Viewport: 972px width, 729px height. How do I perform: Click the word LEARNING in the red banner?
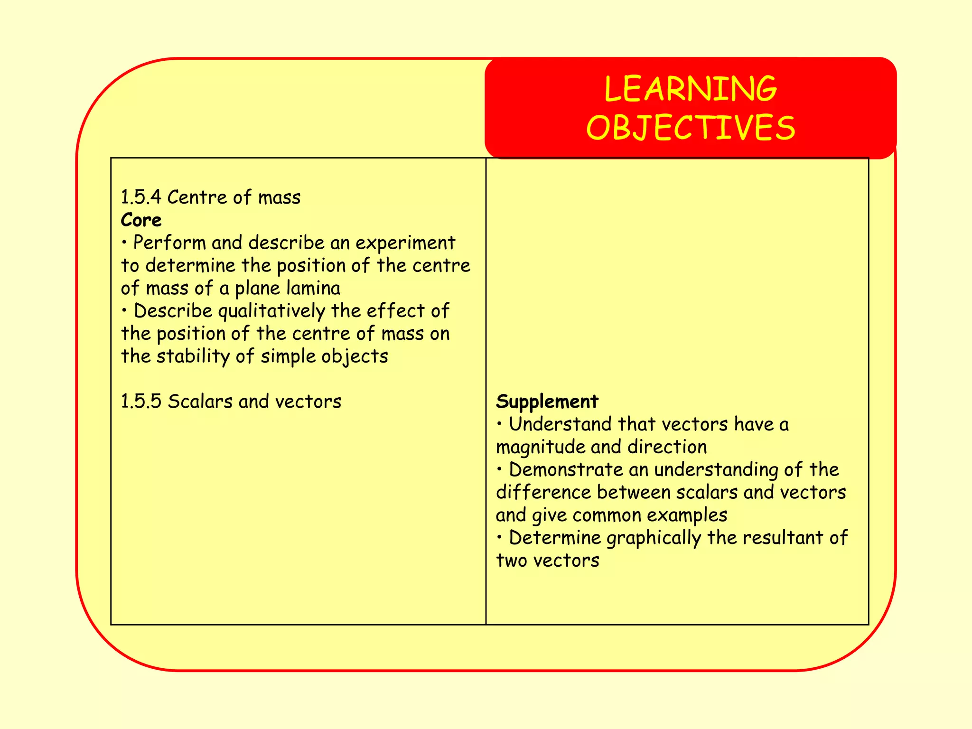691,89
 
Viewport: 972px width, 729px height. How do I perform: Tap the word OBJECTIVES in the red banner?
691,128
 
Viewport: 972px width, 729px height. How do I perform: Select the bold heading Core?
141,220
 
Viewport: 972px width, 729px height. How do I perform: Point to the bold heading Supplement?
547,402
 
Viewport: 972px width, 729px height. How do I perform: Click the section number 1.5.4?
141,197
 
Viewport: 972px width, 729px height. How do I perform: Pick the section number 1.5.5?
141,402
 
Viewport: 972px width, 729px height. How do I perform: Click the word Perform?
169,243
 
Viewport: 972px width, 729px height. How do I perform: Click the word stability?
193,356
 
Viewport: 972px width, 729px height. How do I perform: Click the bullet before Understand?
499,424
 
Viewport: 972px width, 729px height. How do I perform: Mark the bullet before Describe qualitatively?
124,311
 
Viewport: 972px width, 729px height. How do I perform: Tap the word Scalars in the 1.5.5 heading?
200,402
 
